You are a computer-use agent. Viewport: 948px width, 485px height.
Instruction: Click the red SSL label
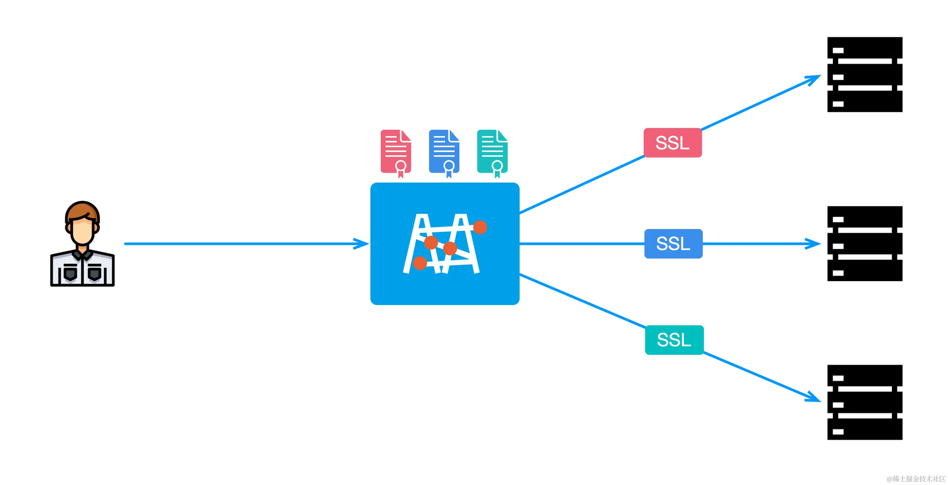[673, 143]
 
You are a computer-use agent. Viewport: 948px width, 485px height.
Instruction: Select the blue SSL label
[673, 244]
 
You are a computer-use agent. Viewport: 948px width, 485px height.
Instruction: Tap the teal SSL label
[674, 340]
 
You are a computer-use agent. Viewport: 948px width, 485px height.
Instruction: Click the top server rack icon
[865, 75]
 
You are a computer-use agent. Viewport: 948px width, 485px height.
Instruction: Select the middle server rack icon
[865, 244]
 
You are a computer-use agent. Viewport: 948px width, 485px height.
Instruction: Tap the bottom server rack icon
[865, 402]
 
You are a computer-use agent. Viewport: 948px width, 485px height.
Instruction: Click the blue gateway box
[445, 291]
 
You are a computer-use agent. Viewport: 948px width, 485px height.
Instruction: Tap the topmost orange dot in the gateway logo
[480, 227]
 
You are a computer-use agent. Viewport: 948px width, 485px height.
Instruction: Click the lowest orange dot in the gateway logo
[420, 263]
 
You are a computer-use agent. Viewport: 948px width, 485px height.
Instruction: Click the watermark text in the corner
[916, 479]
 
